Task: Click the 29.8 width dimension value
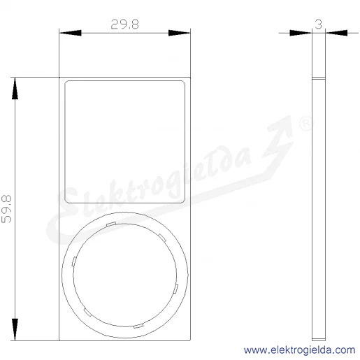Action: (124, 24)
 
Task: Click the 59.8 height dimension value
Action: (6, 209)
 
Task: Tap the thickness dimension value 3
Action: (319, 24)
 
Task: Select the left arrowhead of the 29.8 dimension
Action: (71, 33)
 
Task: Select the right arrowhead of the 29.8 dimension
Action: (179, 33)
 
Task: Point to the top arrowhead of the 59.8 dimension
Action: (15, 89)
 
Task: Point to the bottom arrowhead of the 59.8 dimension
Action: (15, 329)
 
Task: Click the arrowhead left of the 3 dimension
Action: (301, 33)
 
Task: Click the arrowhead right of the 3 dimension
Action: (337, 33)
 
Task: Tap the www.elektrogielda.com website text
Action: (299, 350)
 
